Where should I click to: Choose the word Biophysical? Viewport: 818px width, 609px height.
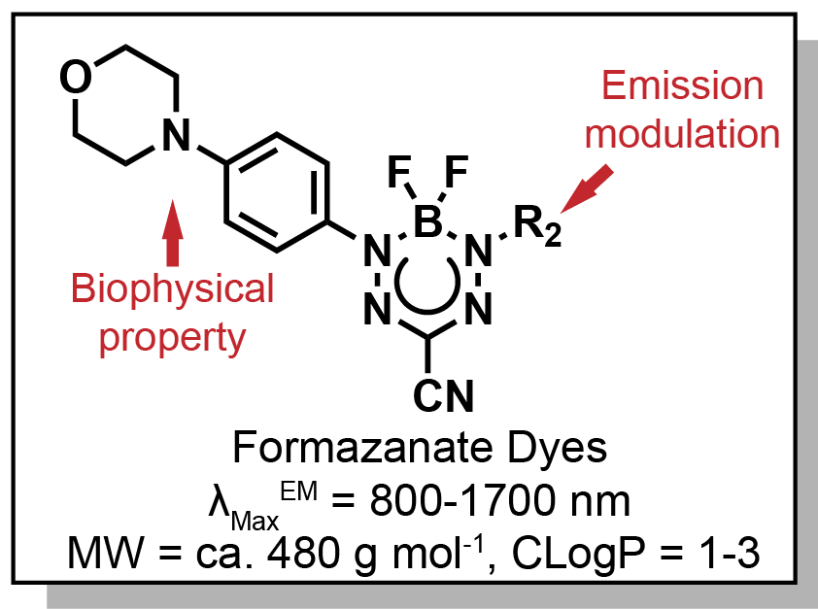pyautogui.click(x=173, y=289)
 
